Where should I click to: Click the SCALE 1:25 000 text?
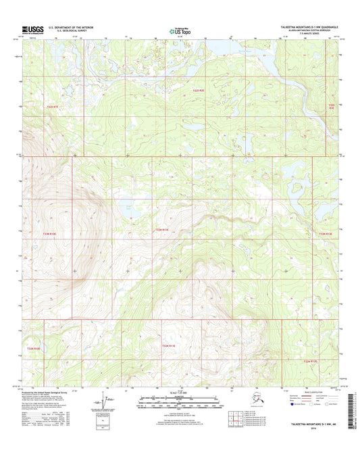[x=178, y=393]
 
